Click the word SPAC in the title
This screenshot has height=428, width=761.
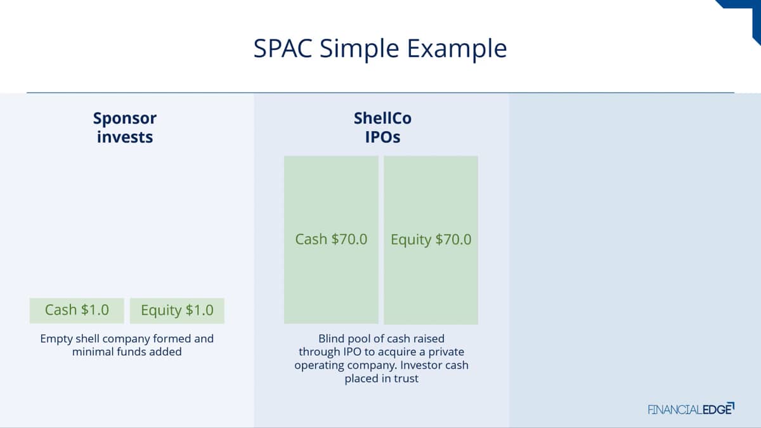coord(283,48)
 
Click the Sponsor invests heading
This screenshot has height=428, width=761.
coord(125,127)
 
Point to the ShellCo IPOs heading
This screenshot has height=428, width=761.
coord(382,127)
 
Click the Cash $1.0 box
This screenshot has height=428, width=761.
coord(77,311)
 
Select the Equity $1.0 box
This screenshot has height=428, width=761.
coord(177,311)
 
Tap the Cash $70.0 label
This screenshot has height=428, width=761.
coord(331,239)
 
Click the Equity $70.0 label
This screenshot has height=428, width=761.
coord(431,240)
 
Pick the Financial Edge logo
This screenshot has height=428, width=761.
coord(691,409)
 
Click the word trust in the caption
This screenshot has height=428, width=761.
coord(406,379)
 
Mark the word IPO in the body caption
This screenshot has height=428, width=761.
coord(353,352)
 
